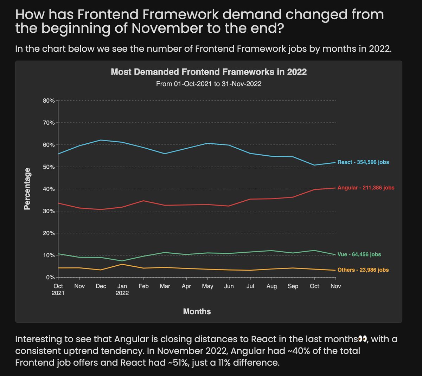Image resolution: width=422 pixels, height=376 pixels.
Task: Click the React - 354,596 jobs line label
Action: [x=363, y=162]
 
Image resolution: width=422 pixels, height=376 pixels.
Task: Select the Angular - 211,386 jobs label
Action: [x=366, y=188]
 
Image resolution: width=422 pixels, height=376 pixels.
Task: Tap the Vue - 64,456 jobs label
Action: [x=359, y=254]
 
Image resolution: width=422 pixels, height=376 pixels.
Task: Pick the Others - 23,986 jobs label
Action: [x=363, y=270]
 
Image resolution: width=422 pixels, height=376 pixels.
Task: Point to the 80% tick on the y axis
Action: [x=49, y=101]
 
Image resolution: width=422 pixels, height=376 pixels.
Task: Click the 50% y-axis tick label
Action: [x=49, y=167]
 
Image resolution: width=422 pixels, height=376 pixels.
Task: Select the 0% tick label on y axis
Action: [x=50, y=278]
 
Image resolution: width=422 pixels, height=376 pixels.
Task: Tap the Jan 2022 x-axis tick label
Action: [x=122, y=289]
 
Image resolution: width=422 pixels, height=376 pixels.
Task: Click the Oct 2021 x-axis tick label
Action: [x=58, y=289]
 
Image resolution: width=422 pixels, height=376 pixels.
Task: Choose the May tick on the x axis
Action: [x=207, y=286]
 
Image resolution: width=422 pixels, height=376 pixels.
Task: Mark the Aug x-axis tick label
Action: [x=271, y=286]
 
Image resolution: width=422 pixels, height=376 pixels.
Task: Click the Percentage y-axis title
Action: [x=27, y=189]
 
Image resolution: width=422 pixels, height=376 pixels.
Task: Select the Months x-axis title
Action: [x=197, y=311]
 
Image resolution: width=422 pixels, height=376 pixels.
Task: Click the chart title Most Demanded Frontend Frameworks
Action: [x=209, y=72]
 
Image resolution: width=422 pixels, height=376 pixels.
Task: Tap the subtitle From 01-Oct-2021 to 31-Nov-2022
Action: [x=209, y=84]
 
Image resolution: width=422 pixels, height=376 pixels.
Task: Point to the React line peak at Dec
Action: [x=101, y=140]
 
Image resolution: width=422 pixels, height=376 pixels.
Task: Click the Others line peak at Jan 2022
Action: [x=122, y=264]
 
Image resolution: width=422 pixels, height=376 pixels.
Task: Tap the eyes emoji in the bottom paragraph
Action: [x=362, y=339]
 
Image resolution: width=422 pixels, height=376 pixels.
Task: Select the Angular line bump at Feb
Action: [x=143, y=201]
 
